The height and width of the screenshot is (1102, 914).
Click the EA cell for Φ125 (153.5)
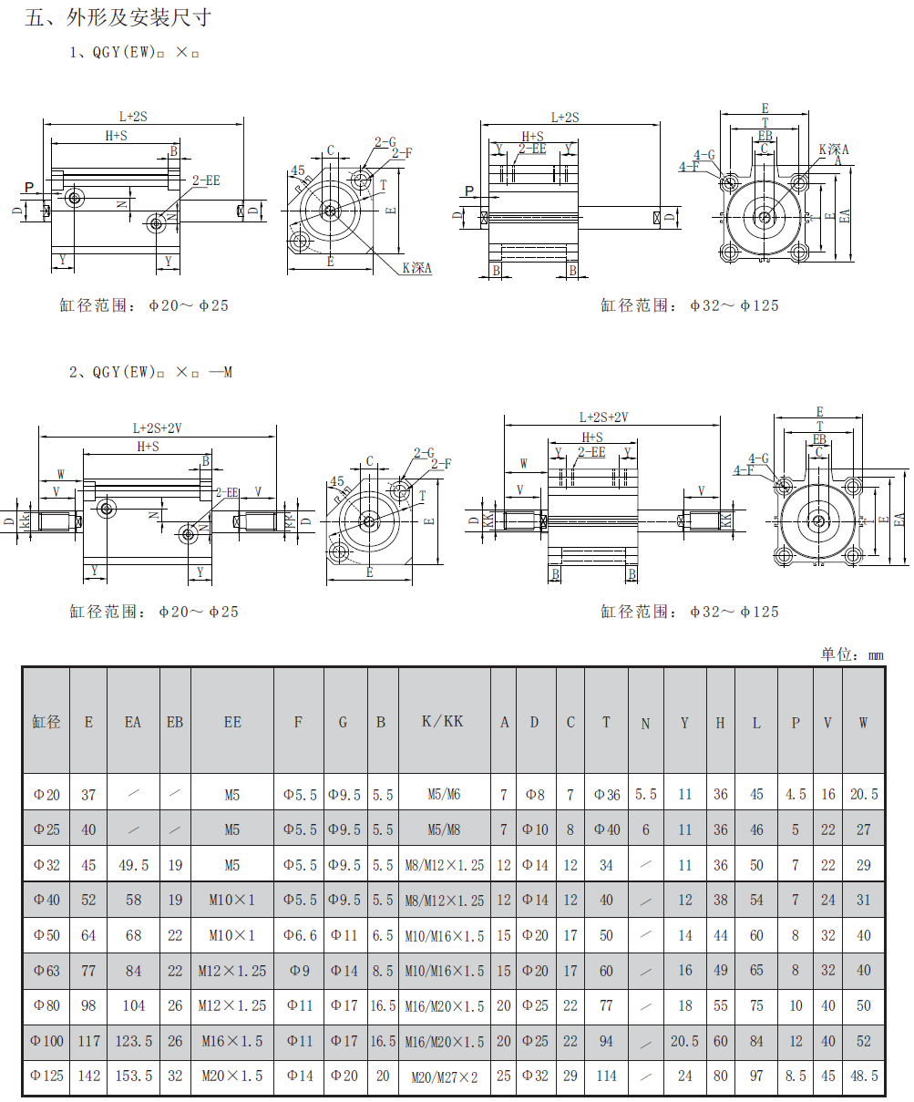pos(133,1076)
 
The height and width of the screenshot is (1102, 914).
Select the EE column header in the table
pos(232,722)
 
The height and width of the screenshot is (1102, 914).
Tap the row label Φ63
pos(46,971)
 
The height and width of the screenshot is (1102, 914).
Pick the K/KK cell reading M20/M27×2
pos(444,1076)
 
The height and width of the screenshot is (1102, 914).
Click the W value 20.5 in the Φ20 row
pos(863,795)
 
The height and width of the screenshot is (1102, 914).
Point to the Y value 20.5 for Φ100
pos(684,1041)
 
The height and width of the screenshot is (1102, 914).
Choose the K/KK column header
pos(443,721)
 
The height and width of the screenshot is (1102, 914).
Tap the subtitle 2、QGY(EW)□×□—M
pos(151,372)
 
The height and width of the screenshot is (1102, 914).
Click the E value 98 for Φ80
pos(88,1005)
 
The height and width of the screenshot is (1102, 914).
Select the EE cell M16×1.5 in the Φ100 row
pos(232,1041)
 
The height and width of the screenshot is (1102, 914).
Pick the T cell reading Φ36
pos(607,795)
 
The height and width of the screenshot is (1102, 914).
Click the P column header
pos(796,723)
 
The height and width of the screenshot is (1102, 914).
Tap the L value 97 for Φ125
pos(756,1076)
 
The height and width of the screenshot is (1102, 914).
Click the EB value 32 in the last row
pos(175,1076)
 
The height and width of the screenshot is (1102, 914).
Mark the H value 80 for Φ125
pos(721,1076)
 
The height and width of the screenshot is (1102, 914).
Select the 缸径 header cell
pos(46,722)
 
